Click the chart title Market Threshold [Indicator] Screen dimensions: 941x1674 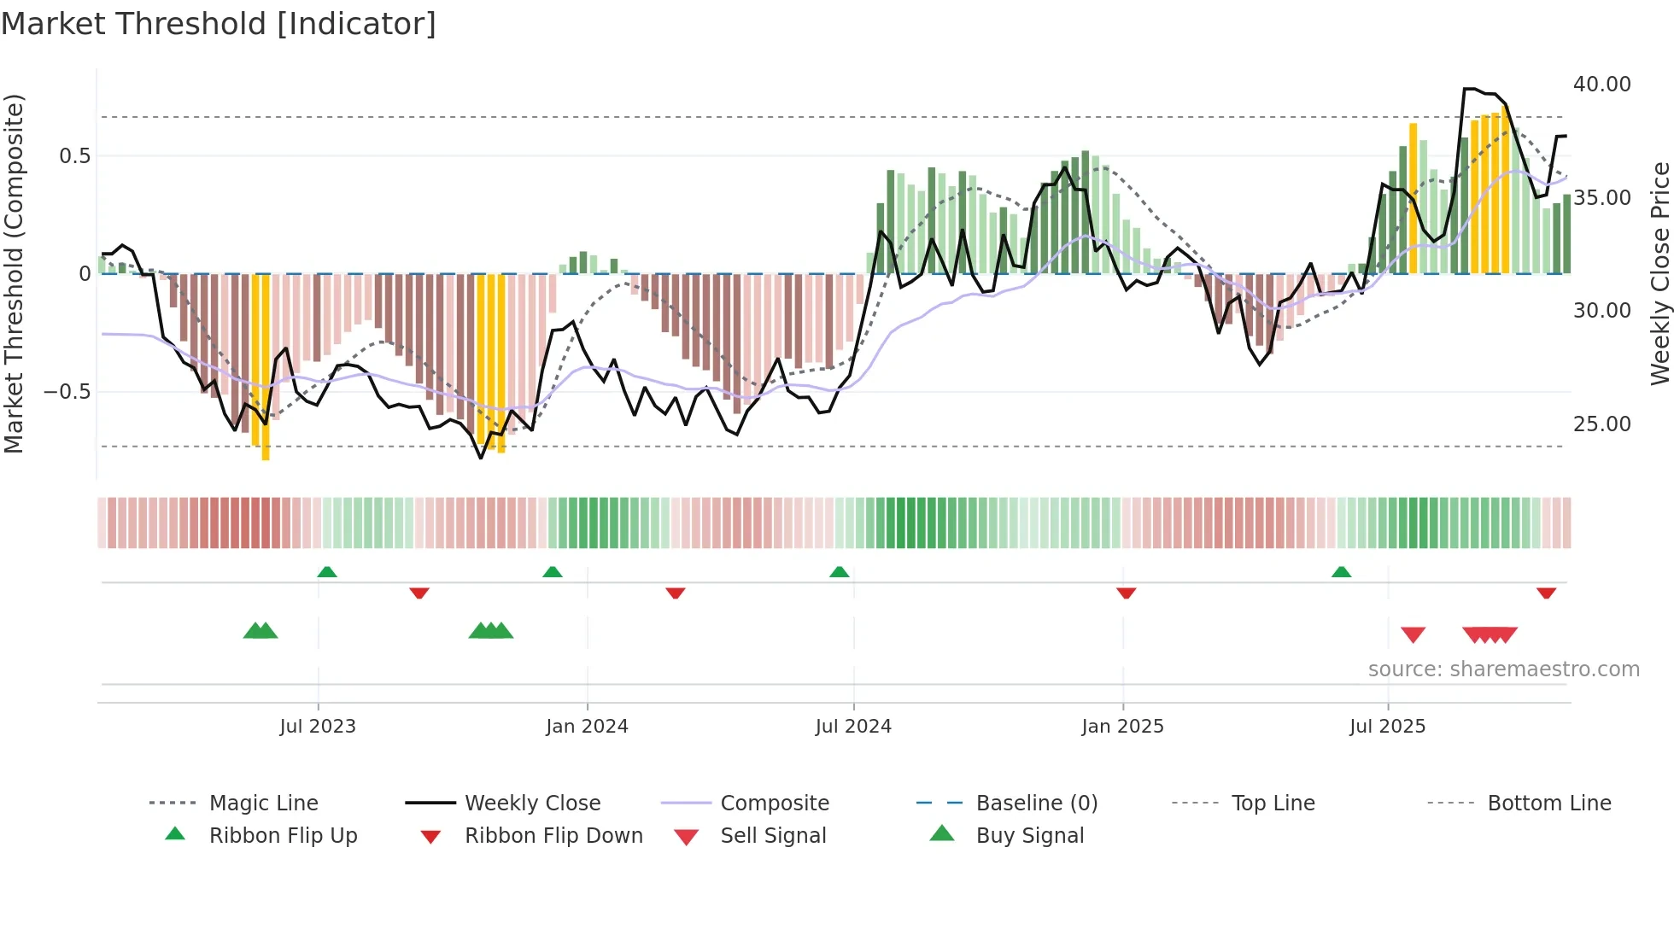click(x=219, y=24)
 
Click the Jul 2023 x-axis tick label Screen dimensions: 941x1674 click(x=317, y=727)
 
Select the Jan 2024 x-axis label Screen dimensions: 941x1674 click(x=587, y=727)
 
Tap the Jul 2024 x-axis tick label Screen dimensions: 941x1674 click(x=853, y=727)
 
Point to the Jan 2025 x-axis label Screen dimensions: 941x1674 click(x=1122, y=727)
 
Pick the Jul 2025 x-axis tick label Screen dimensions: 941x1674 click(x=1387, y=727)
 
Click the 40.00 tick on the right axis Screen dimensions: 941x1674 click(x=1601, y=85)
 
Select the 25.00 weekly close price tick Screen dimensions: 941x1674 click(x=1601, y=424)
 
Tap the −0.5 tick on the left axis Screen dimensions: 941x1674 click(x=67, y=392)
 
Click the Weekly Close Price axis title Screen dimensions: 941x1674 click(x=1659, y=273)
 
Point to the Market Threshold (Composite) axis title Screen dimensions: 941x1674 click(x=14, y=273)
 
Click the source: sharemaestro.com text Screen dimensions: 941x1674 click(x=1503, y=669)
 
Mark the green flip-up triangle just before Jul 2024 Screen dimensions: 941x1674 click(x=840, y=572)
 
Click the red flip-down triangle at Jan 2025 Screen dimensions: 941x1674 click(x=1126, y=593)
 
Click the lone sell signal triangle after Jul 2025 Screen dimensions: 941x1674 click(x=1414, y=634)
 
